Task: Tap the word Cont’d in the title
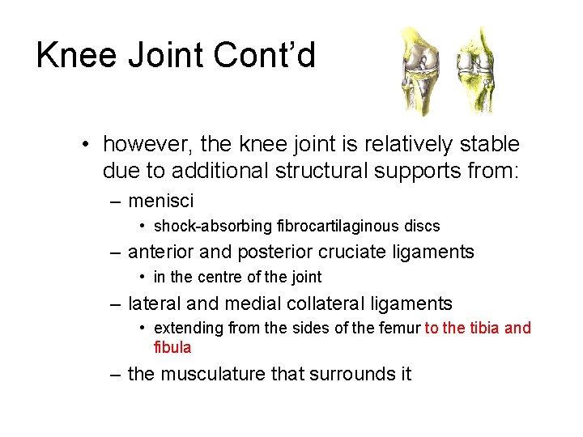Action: [x=265, y=56]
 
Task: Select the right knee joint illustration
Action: [x=472, y=71]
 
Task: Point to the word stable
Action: [x=490, y=145]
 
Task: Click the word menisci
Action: [x=161, y=200]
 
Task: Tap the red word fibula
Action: [x=172, y=347]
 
